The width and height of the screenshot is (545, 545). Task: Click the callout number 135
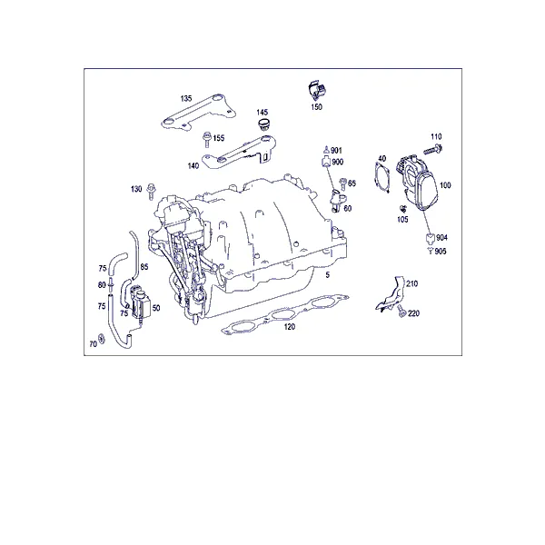pyautogui.click(x=186, y=98)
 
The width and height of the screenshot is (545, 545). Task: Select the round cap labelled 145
pyautogui.click(x=264, y=124)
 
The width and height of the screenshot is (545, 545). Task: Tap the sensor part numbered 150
pyautogui.click(x=317, y=91)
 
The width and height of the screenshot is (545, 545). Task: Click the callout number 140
pyautogui.click(x=193, y=166)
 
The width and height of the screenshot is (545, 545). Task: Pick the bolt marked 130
pyautogui.click(x=151, y=192)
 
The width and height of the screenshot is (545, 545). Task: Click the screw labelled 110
pyautogui.click(x=432, y=150)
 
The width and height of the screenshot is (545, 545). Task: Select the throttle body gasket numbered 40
pyautogui.click(x=382, y=178)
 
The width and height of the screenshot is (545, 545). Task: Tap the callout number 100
pyautogui.click(x=445, y=185)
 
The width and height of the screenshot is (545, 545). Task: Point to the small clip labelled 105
pyautogui.click(x=403, y=209)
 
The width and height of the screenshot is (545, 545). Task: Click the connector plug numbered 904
pyautogui.click(x=431, y=238)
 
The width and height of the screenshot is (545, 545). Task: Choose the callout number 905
pyautogui.click(x=441, y=251)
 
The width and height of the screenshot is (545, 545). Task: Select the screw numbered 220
pyautogui.click(x=401, y=311)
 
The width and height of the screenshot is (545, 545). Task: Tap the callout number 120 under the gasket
pyautogui.click(x=289, y=326)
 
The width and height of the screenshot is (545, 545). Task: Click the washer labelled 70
pyautogui.click(x=102, y=338)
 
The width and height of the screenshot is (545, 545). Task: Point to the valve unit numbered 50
pyautogui.click(x=141, y=302)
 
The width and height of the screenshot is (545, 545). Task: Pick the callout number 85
pyautogui.click(x=144, y=266)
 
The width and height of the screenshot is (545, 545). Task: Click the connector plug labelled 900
pyautogui.click(x=327, y=162)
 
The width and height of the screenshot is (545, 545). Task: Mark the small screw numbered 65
pyautogui.click(x=342, y=183)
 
